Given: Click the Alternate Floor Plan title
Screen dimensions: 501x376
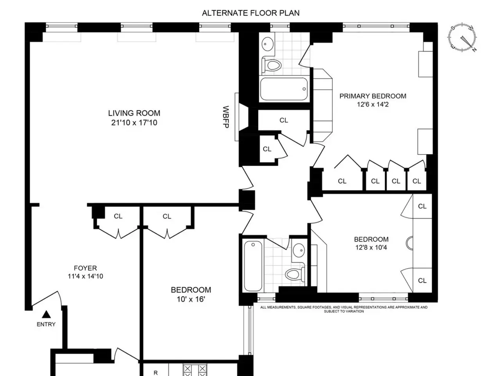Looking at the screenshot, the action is pyautogui.click(x=250, y=13).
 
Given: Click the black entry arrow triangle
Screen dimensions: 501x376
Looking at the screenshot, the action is pyautogui.click(x=46, y=314).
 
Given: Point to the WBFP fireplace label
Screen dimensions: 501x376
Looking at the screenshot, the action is pyautogui.click(x=226, y=117).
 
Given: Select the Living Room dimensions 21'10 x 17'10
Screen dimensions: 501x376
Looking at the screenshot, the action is pyautogui.click(x=134, y=123).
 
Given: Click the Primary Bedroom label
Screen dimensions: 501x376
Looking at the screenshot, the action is pyautogui.click(x=373, y=96).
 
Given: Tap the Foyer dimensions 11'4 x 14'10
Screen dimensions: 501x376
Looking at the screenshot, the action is pyautogui.click(x=85, y=276).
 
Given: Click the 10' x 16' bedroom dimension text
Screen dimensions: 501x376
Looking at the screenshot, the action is pyautogui.click(x=191, y=299).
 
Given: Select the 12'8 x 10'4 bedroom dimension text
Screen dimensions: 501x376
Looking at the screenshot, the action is pyautogui.click(x=371, y=248).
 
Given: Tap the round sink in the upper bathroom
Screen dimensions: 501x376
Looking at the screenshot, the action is pyautogui.click(x=267, y=43).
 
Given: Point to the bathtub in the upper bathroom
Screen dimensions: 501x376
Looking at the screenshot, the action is pyautogui.click(x=284, y=89).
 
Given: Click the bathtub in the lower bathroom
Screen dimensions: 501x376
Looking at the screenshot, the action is pyautogui.click(x=253, y=266).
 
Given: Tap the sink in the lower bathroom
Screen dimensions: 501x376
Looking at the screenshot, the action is pyautogui.click(x=299, y=250).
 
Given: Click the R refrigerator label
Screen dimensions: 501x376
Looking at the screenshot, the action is pyautogui.click(x=156, y=373).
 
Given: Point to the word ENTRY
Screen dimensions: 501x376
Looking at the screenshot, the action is pyautogui.click(x=46, y=324).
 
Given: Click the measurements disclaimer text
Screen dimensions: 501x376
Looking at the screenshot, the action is pyautogui.click(x=344, y=309).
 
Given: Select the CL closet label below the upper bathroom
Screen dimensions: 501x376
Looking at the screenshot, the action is pyautogui.click(x=284, y=120).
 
